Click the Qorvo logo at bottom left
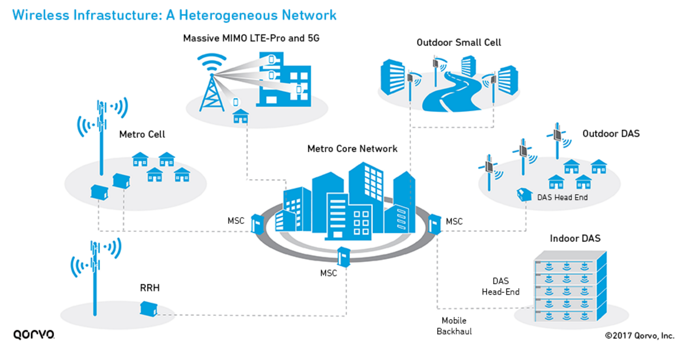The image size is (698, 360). point(33,334)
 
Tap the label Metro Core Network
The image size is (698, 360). point(352,149)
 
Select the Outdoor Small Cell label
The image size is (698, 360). point(458,42)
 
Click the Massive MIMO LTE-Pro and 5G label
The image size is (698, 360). point(250,38)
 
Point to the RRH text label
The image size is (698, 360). point(149,288)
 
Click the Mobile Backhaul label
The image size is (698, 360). point(454,326)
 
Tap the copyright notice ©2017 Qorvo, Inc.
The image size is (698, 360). point(639,336)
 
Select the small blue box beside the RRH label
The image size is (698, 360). point(148,309)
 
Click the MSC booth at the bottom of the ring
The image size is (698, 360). point(344,257)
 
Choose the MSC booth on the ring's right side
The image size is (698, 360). point(435,224)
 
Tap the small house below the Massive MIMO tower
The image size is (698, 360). point(240,116)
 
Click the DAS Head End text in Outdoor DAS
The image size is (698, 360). point(562,198)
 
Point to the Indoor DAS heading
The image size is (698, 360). point(575,238)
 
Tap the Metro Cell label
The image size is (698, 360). point(142,134)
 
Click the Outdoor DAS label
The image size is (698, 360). point(611,134)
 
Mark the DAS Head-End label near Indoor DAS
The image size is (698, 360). point(500,287)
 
